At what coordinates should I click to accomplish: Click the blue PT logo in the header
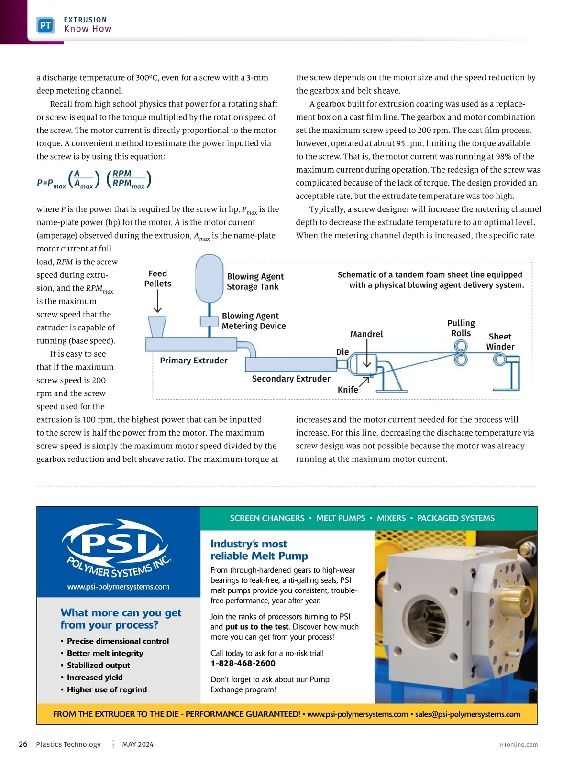[x=45, y=25]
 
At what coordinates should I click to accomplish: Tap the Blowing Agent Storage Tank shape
[x=210, y=278]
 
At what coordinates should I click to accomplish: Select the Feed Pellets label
[x=158, y=278]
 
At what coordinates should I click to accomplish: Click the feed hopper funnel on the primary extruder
[x=157, y=327]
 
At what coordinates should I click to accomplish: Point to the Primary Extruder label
[x=194, y=361]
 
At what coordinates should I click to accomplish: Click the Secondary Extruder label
[x=291, y=379]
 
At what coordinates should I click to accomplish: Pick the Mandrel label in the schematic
[x=366, y=334]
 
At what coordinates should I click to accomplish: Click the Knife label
[x=348, y=390]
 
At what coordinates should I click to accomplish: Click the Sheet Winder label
[x=500, y=341]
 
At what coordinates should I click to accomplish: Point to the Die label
[x=342, y=352]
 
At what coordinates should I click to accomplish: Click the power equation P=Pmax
[x=94, y=180]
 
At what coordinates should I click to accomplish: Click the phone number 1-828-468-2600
[x=243, y=663]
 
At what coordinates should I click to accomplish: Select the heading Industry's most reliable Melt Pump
[x=259, y=550]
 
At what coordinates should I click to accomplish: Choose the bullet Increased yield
[x=95, y=678]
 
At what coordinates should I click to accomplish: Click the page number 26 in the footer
[x=23, y=744]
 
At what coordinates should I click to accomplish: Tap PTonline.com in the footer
[x=519, y=744]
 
